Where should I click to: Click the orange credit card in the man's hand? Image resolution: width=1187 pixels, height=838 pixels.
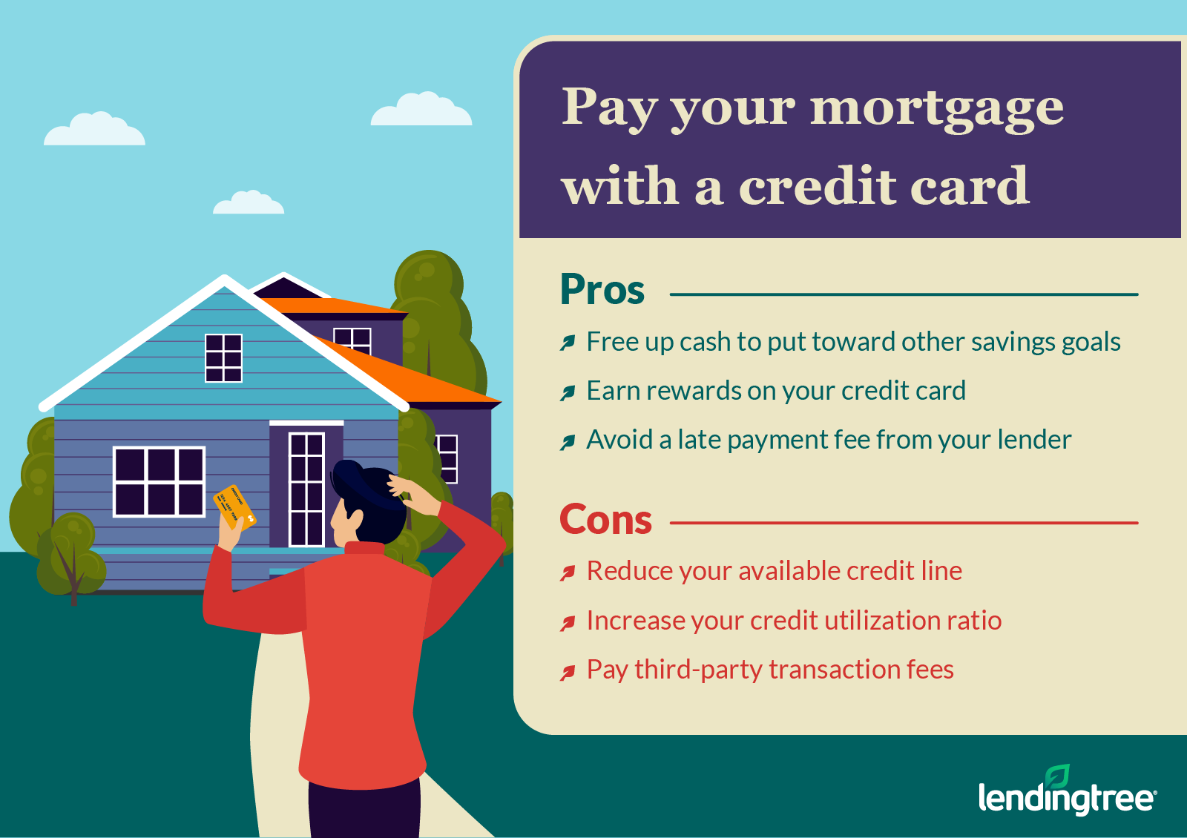(234, 507)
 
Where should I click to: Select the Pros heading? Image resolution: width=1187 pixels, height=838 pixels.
(602, 290)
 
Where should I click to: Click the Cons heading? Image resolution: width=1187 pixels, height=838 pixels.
(605, 520)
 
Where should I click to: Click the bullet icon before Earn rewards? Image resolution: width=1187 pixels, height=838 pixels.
(568, 392)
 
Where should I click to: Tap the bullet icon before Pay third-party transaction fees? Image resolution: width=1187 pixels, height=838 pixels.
(568, 672)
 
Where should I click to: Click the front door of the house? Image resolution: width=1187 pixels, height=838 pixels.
(306, 489)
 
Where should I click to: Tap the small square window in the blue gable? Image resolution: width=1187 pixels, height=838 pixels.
(223, 358)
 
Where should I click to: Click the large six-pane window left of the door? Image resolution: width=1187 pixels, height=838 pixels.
(159, 481)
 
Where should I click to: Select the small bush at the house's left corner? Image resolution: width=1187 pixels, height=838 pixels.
(71, 556)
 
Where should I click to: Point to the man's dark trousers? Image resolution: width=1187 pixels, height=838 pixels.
(364, 810)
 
